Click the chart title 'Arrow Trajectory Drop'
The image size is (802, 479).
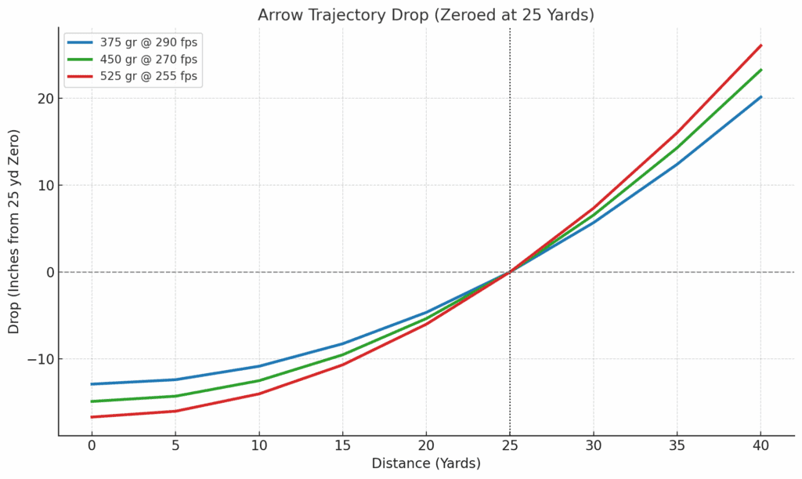point(426,14)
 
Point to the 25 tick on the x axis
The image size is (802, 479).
point(510,445)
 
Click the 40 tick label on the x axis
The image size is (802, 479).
point(760,445)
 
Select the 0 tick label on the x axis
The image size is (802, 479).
point(92,445)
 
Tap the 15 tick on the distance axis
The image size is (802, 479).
point(342,445)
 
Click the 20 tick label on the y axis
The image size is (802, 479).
point(43,99)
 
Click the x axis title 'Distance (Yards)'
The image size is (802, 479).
point(426,463)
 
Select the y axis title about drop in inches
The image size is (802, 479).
point(14,231)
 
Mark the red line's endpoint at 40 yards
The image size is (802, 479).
point(760,45)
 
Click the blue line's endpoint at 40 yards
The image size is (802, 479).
point(760,97)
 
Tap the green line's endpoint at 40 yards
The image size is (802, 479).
point(760,70)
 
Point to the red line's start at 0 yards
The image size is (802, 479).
point(92,417)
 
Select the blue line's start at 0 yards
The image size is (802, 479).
point(92,384)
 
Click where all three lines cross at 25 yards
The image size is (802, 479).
point(510,272)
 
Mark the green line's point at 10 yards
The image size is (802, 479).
point(259,380)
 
